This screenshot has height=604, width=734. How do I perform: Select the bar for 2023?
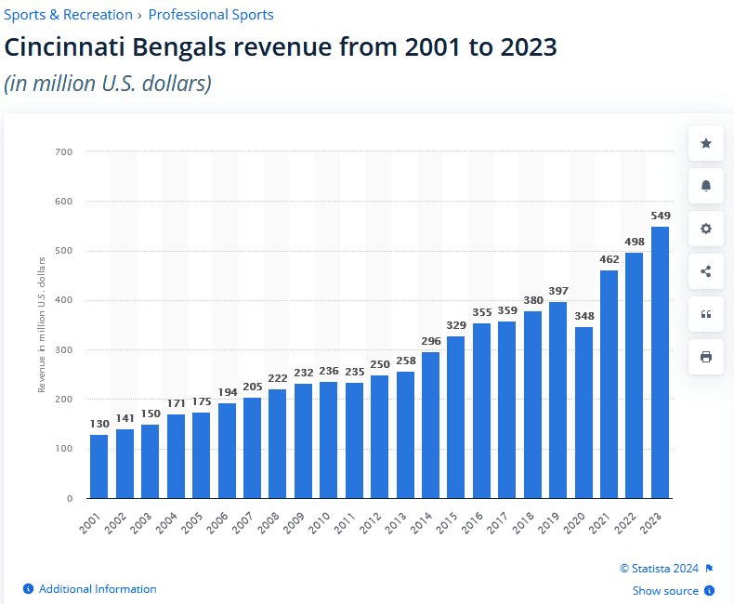click(x=660, y=362)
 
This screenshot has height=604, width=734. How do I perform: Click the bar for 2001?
click(x=99, y=466)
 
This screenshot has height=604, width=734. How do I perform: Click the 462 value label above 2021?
click(x=609, y=259)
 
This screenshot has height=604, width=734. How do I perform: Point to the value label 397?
click(x=557, y=292)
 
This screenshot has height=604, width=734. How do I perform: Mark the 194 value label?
click(x=227, y=393)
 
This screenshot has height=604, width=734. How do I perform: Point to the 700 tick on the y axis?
click(x=65, y=151)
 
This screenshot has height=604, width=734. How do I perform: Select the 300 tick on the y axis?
click(x=65, y=350)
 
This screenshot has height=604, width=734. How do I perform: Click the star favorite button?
click(x=706, y=143)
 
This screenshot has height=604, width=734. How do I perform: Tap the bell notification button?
click(x=706, y=186)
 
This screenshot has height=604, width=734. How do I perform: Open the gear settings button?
click(x=706, y=229)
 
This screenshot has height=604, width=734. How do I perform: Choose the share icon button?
click(x=706, y=271)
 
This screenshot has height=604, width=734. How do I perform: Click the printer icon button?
click(x=706, y=357)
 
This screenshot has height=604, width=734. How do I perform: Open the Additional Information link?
click(x=98, y=589)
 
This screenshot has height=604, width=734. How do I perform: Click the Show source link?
click(x=665, y=591)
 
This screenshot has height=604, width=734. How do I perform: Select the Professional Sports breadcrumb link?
click(x=211, y=15)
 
